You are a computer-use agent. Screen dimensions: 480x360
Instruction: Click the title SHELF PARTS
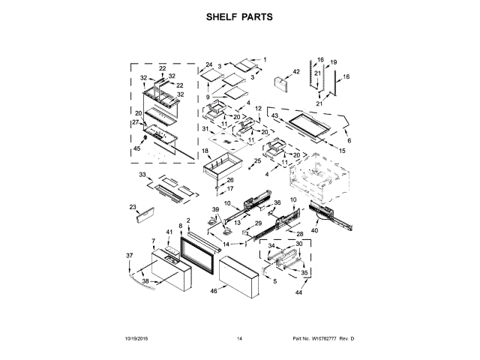(x=239, y=16)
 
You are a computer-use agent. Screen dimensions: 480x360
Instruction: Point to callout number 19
(x=334, y=62)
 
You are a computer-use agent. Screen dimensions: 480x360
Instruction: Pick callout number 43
(x=275, y=116)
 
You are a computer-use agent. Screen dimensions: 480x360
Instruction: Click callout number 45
(x=136, y=148)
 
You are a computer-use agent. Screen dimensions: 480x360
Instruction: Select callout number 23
(x=133, y=207)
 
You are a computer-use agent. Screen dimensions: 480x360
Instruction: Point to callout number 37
(x=128, y=256)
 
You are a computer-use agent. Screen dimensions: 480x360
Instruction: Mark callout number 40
(x=314, y=232)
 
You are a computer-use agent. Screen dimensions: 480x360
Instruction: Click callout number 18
(x=205, y=151)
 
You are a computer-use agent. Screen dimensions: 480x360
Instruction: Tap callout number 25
(x=257, y=160)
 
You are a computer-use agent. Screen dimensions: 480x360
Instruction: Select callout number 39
(x=214, y=209)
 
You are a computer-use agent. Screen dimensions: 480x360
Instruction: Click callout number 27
(x=136, y=122)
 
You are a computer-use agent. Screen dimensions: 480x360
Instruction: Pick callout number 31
(x=205, y=128)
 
